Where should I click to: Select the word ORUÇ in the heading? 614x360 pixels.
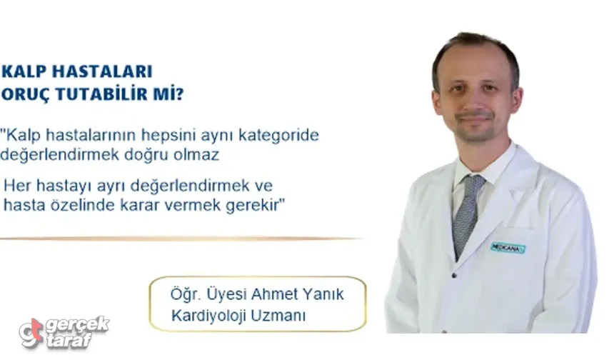27,94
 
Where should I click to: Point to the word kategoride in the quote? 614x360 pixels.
283,135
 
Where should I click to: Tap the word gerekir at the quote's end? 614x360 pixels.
258,204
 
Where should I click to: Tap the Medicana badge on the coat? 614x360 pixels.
507,247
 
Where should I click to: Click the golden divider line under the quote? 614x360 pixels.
178,239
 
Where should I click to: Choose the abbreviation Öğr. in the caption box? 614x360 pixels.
184,294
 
